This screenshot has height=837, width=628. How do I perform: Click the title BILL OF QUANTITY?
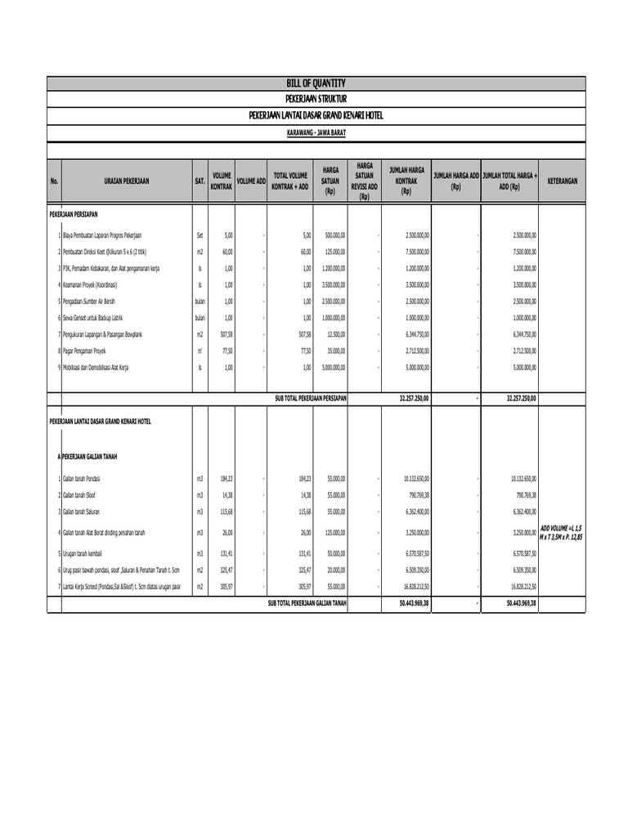(316, 83)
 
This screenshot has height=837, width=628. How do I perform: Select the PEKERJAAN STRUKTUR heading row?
(316, 99)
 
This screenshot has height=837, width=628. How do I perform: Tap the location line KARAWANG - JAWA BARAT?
(316, 131)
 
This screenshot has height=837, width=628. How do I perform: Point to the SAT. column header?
(200, 180)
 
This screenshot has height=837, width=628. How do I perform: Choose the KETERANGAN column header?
(563, 180)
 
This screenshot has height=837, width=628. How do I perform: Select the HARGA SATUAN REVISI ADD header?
(365, 180)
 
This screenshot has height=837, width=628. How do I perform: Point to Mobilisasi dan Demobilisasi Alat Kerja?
(96, 367)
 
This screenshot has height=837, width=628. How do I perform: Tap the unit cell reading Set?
(200, 235)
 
